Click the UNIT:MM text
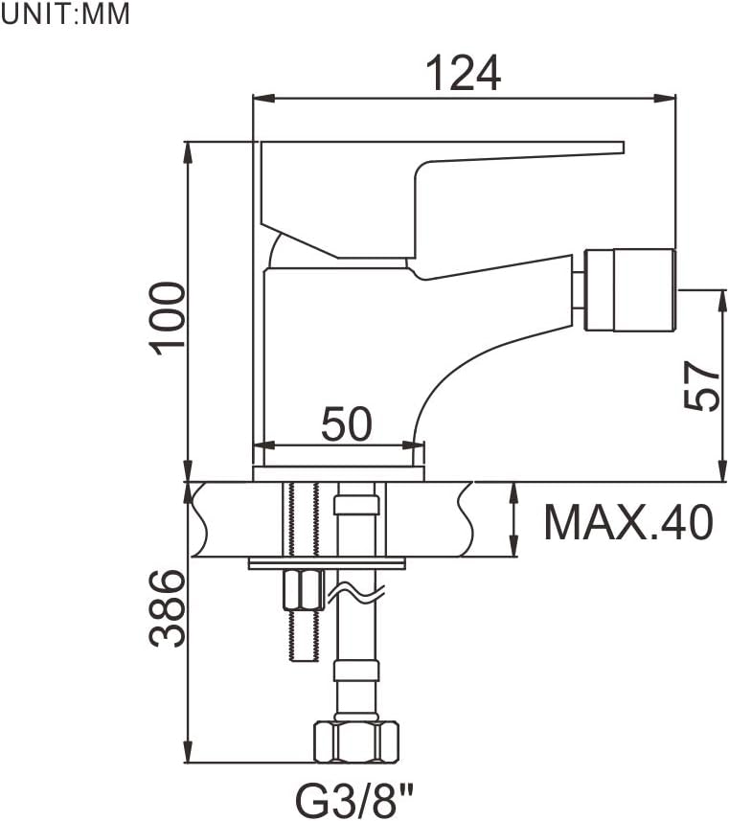65,14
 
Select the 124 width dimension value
464,74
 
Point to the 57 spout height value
701,385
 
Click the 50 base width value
346,423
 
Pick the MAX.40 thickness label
628,521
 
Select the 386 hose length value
168,608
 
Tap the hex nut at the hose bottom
356,741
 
